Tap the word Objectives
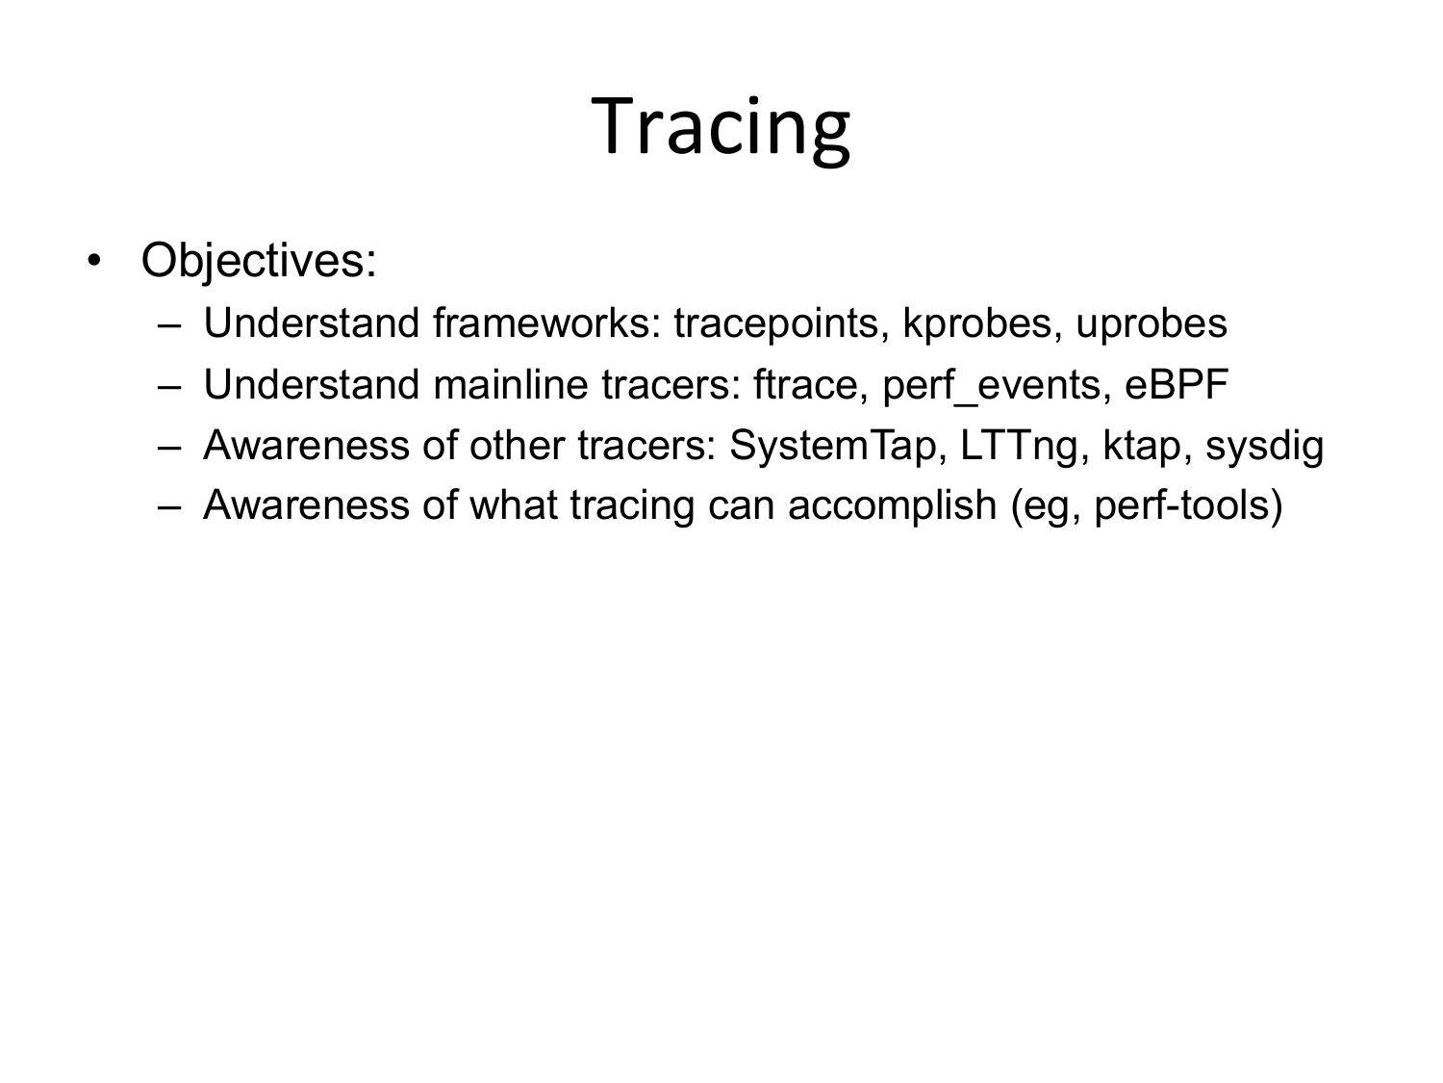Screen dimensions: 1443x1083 click(253, 261)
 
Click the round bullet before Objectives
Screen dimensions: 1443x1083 click(94, 261)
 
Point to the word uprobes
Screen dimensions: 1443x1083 click(1152, 323)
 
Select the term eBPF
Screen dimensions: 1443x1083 click(1177, 384)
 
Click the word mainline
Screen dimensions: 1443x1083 click(510, 384)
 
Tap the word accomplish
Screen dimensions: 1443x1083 click(892, 506)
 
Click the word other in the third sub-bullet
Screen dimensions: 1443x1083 click(517, 445)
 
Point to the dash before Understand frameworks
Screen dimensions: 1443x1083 click(169, 324)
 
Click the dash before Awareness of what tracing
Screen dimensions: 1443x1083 click(169, 507)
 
